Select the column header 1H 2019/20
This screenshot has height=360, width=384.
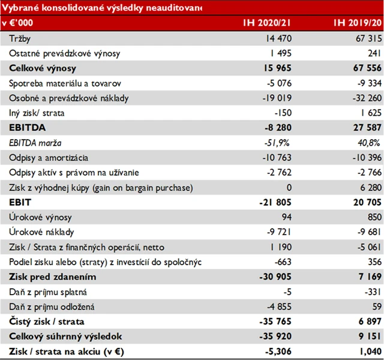358,23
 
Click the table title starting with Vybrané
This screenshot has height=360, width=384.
102,7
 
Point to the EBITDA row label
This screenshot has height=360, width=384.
28,128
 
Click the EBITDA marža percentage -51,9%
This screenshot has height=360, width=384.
278,143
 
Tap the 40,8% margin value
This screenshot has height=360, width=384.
368,143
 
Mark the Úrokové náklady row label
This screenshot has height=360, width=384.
41,233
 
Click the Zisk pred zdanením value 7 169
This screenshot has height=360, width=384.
368,277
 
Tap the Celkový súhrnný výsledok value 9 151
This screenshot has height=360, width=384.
368,337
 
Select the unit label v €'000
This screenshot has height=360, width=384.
18,23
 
